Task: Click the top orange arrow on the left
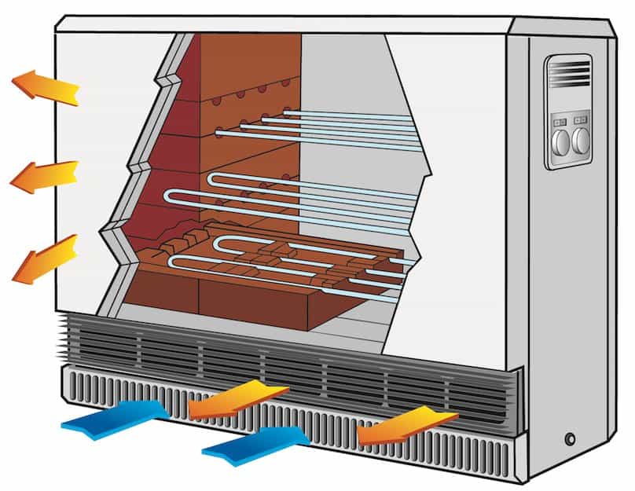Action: [45, 86]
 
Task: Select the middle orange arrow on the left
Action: [43, 176]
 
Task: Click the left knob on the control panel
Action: [560, 141]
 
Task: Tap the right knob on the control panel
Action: [581, 141]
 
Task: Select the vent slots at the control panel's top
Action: [569, 73]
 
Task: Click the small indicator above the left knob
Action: [560, 122]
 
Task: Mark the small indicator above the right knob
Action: [581, 121]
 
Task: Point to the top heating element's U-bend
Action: [222, 132]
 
